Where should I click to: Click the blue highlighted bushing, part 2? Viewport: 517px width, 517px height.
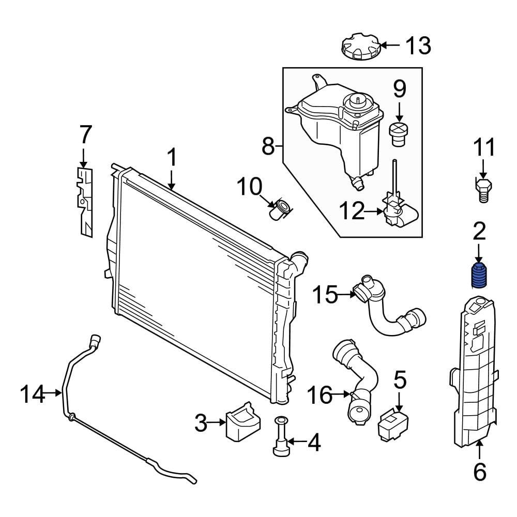(480, 276)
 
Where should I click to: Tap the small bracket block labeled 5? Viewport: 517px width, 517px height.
(393, 423)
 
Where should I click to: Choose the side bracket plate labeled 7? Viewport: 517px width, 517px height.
(85, 202)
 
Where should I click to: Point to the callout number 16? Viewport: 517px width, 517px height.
(320, 396)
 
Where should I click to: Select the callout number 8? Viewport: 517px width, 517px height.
(267, 146)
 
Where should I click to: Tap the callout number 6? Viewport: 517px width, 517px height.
(480, 471)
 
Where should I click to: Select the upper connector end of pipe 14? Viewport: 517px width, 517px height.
(95, 339)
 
